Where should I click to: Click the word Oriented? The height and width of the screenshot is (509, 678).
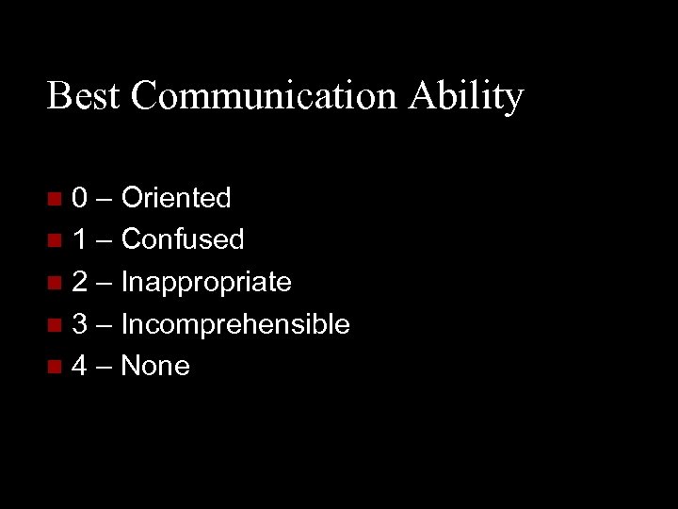[x=176, y=198]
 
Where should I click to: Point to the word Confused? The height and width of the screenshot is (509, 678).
[x=183, y=240]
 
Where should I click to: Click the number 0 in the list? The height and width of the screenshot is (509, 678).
[x=81, y=198]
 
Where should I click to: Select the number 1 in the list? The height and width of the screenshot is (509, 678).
[x=81, y=240]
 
